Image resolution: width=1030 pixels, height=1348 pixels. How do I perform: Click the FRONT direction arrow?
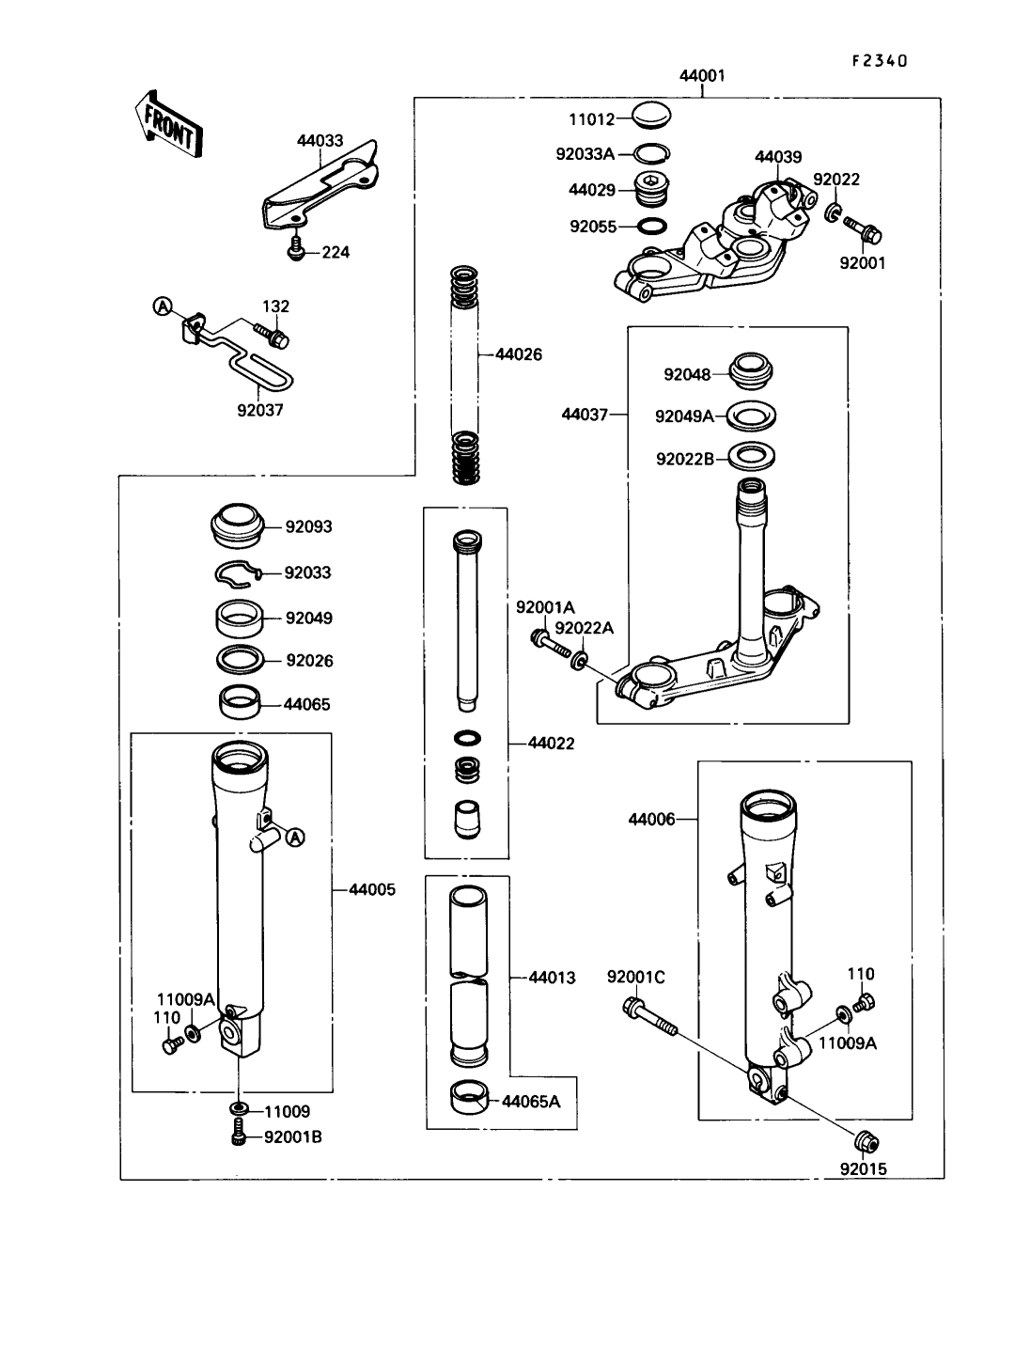(x=167, y=124)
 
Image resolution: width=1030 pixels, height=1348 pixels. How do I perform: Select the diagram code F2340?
(x=880, y=61)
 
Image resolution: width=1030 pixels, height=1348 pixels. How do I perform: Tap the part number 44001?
(x=702, y=76)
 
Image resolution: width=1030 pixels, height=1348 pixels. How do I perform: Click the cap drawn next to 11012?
(x=652, y=116)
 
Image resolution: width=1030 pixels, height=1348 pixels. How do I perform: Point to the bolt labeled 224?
(x=297, y=249)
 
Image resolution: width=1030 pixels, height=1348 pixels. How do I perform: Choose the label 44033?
(x=320, y=141)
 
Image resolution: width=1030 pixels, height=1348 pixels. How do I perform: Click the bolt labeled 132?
(x=273, y=336)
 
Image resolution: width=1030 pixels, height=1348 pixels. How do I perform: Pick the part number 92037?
(x=260, y=410)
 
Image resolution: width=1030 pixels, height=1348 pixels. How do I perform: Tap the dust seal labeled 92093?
(x=238, y=525)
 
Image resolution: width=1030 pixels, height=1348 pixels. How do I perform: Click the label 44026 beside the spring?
(x=519, y=354)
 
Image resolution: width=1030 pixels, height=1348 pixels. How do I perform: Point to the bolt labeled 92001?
(x=863, y=230)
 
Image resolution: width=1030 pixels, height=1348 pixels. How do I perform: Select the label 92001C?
(x=636, y=977)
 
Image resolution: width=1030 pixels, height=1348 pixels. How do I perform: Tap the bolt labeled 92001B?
(x=240, y=1136)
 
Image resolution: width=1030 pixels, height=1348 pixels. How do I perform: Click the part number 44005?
(x=372, y=889)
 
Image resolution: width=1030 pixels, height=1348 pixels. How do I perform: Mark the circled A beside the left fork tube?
(x=295, y=837)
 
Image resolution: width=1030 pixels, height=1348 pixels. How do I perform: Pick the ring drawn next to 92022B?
(x=751, y=456)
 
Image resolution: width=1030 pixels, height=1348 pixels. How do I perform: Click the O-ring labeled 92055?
(x=652, y=226)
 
